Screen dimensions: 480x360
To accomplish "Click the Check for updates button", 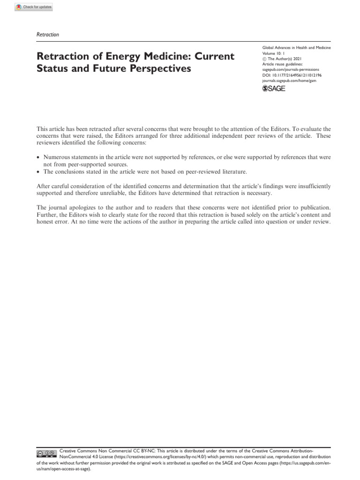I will coord(34,7).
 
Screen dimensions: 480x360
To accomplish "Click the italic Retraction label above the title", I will coord(47,34).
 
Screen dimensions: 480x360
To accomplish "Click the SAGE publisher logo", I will coord(274,88).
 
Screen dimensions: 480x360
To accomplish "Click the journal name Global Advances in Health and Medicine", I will coord(296,48).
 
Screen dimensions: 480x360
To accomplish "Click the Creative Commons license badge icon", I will coord(47,454).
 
